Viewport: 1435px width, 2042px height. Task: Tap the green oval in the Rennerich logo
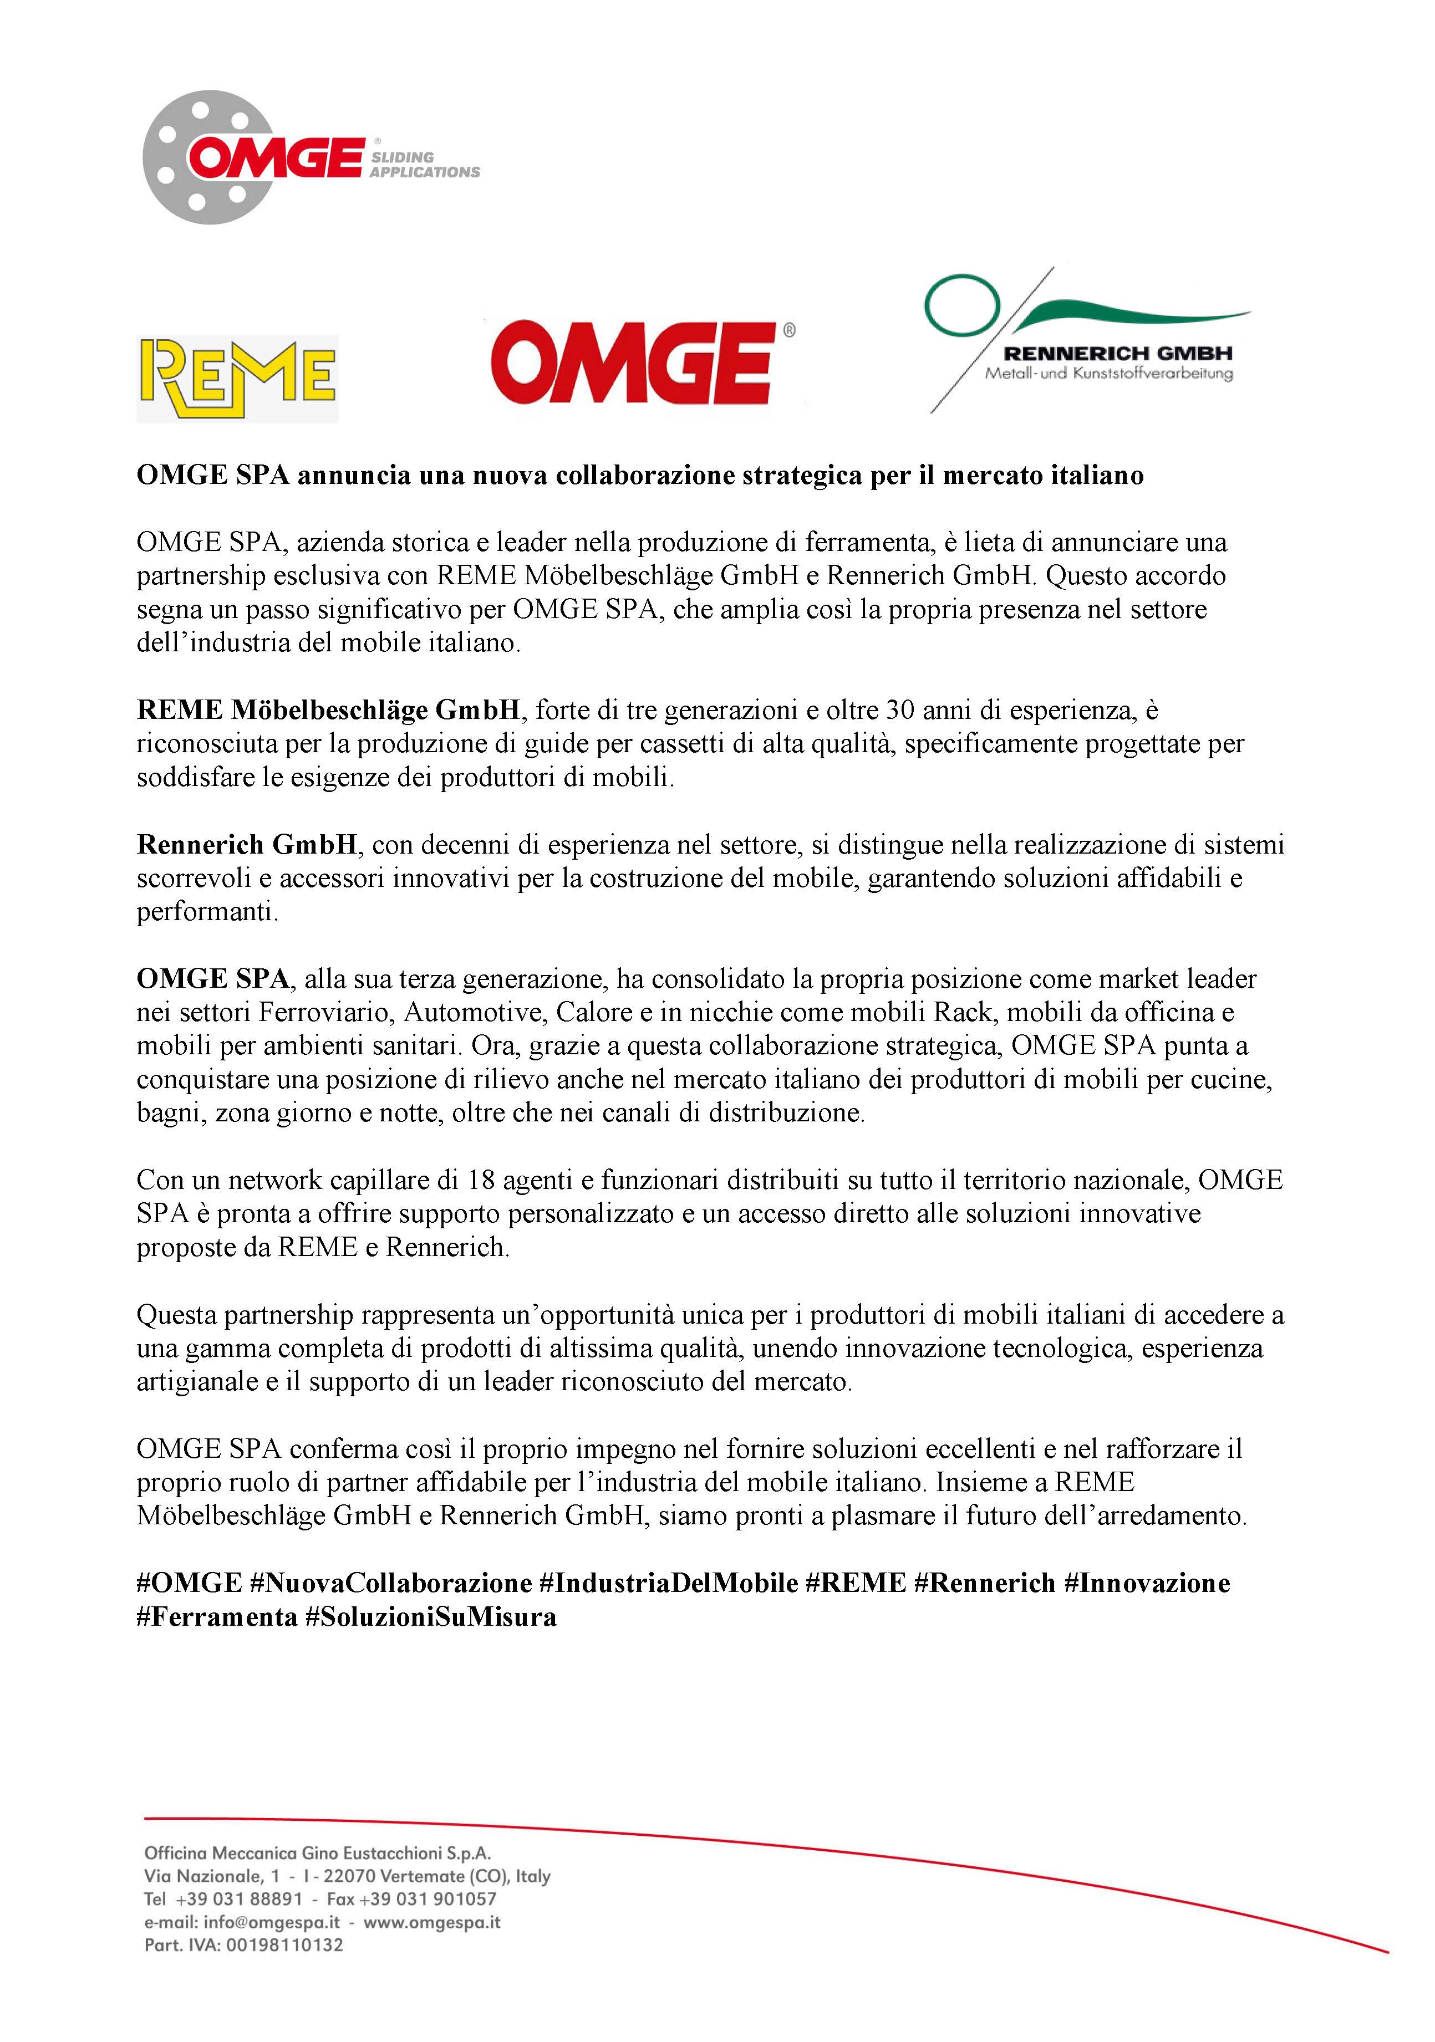(x=963, y=305)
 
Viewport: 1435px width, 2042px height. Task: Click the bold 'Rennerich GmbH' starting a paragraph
(x=246, y=844)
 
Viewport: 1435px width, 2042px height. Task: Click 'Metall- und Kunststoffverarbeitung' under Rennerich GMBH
(x=1108, y=374)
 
